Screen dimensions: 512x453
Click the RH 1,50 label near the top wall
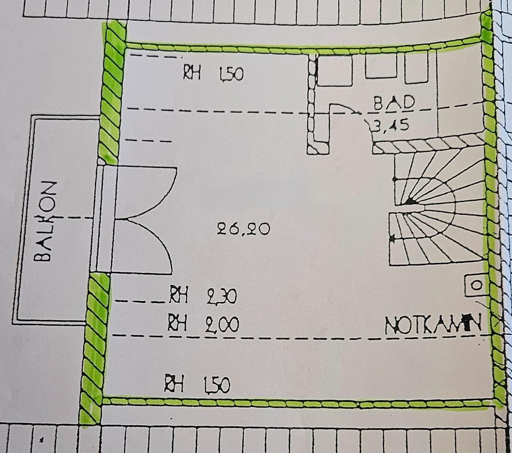pyautogui.click(x=213, y=73)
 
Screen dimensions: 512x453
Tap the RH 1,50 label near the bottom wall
pyautogui.click(x=197, y=384)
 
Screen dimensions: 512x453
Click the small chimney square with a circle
pyautogui.click(x=476, y=286)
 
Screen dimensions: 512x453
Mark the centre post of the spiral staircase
pyautogui.click(x=410, y=201)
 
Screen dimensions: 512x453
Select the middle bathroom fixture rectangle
pyautogui.click(x=381, y=67)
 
